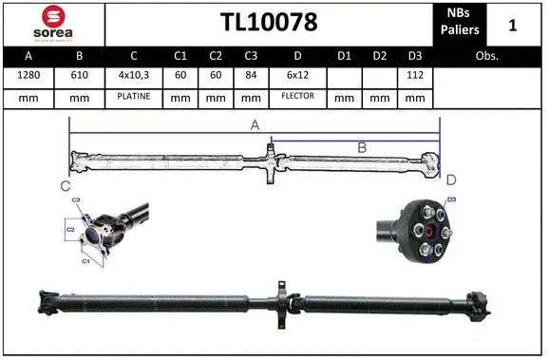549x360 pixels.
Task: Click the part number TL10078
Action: click(269, 23)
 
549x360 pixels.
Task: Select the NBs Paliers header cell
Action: click(460, 23)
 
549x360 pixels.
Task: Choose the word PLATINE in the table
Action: click(133, 97)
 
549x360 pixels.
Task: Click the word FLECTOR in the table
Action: click(297, 97)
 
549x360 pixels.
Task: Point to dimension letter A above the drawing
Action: click(255, 123)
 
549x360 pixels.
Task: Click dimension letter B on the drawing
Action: click(361, 146)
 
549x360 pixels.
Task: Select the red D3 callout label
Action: click(452, 199)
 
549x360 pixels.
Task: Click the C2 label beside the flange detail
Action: click(69, 230)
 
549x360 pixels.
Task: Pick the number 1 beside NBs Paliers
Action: click(513, 23)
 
